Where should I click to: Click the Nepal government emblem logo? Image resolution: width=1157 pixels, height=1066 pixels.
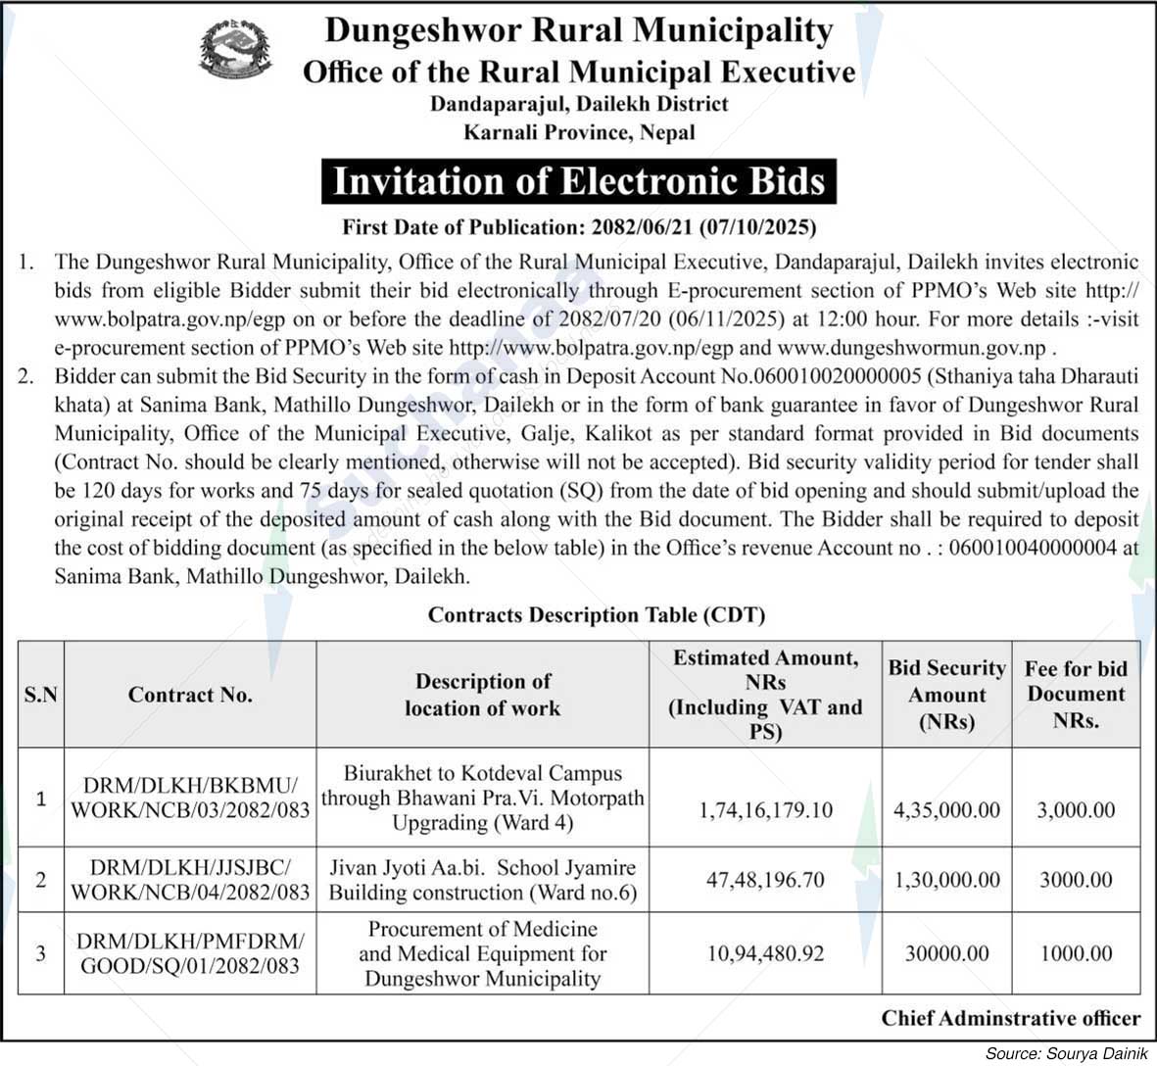(236, 52)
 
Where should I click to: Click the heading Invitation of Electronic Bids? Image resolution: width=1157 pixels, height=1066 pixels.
(579, 182)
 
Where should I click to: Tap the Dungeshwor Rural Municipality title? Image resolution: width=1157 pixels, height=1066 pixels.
(578, 29)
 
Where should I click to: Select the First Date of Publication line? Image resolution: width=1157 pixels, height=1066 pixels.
(579, 227)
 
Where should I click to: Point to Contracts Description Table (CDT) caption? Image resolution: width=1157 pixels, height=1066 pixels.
(597, 615)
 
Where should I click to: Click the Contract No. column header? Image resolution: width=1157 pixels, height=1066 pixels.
(190, 695)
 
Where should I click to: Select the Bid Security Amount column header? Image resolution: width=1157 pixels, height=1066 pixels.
(946, 695)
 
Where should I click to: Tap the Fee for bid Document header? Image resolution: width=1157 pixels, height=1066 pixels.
(1076, 695)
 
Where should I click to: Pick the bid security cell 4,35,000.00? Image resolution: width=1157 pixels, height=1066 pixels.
(946, 810)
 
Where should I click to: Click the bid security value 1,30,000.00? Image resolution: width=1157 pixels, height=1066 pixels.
(946, 880)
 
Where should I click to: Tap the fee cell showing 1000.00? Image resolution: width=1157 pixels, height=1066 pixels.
(1076, 953)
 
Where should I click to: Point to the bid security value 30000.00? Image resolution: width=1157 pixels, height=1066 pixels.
(946, 953)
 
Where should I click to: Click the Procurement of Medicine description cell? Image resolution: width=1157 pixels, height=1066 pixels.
(482, 953)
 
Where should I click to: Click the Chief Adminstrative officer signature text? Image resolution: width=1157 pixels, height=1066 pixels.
(1010, 1018)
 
